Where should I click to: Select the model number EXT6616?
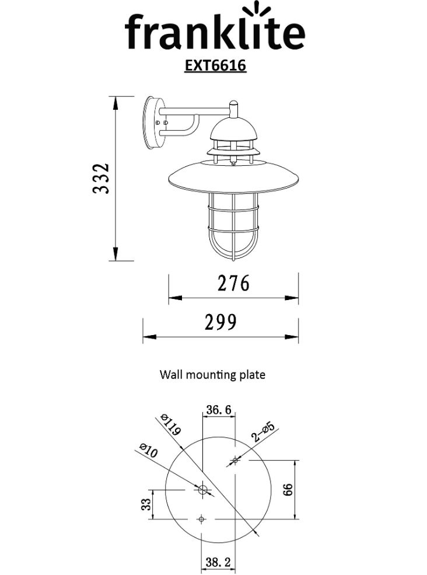(215, 65)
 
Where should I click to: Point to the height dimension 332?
(101, 179)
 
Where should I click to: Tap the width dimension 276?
(233, 284)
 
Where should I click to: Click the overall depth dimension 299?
(220, 322)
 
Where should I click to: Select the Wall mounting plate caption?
(212, 375)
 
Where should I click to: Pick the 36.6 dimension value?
(218, 410)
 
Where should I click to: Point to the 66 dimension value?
(288, 490)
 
